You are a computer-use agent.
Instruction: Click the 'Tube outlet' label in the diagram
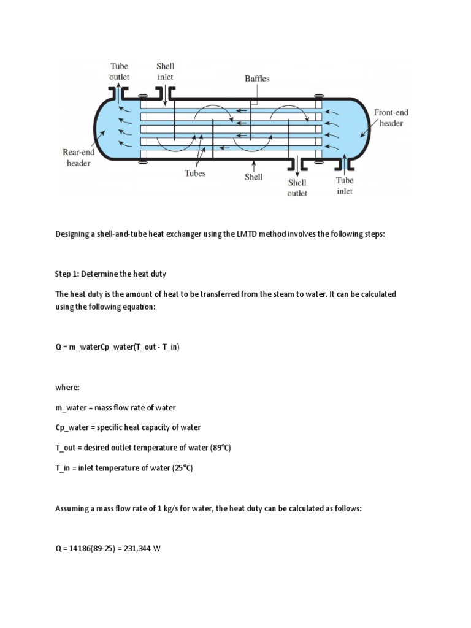120,71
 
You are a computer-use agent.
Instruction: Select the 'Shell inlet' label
165,71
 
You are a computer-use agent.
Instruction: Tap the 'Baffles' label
256,78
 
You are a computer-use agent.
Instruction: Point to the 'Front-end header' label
391,118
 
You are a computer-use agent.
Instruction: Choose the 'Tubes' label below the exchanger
195,174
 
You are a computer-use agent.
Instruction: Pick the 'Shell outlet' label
297,187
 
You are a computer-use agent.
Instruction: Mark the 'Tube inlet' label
344,185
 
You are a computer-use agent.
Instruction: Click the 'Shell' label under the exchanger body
253,177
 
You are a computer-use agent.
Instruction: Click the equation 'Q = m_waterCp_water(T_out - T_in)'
117,347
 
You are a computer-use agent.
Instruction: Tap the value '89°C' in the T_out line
218,448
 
